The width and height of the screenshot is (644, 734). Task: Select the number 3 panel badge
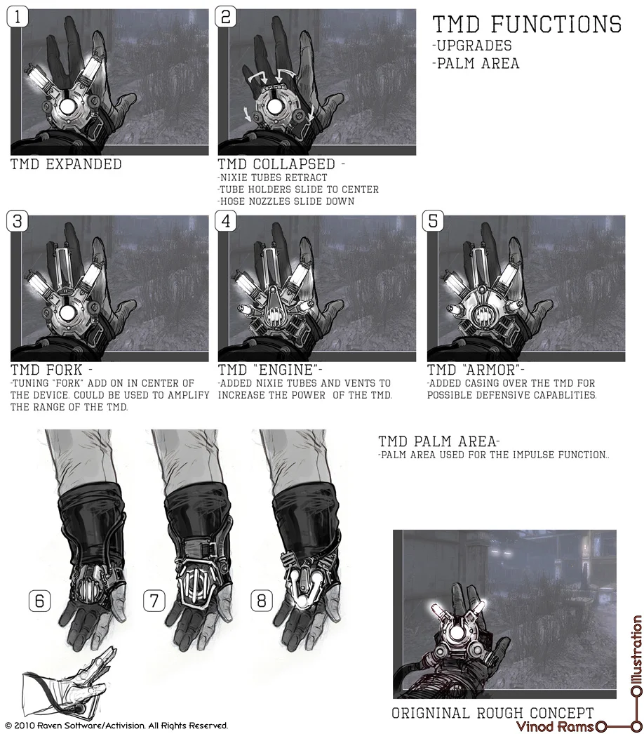[x=18, y=221]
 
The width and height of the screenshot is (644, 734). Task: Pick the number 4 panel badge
[x=226, y=221]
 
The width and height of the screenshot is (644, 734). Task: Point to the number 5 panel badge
[x=434, y=221]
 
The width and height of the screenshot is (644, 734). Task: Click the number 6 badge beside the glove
[x=40, y=601]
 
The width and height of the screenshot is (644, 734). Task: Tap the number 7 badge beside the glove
[x=154, y=601]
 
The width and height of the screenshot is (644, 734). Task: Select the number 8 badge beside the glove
[x=262, y=601]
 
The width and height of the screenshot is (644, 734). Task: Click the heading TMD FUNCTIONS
[x=527, y=25]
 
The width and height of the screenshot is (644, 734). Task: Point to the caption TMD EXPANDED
[x=66, y=164]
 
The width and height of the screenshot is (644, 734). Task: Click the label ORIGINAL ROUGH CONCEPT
[x=492, y=713]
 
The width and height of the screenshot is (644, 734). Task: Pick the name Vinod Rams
[x=546, y=726]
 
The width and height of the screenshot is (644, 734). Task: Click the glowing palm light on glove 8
[x=303, y=599]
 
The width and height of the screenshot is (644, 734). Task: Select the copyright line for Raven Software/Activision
[x=116, y=726]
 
